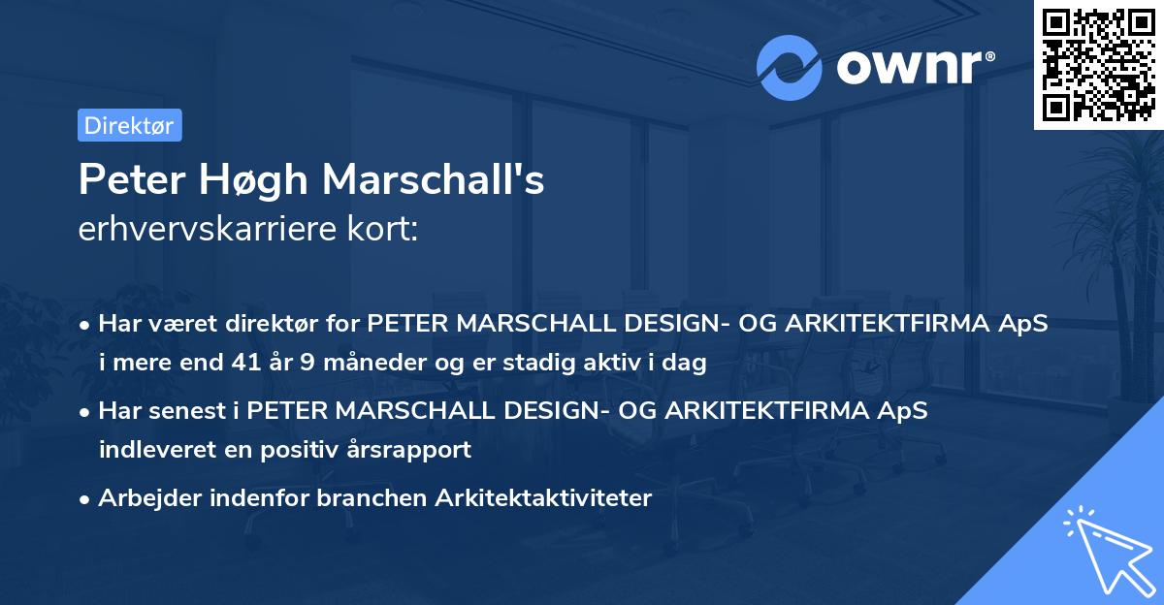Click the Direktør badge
pyautogui.click(x=129, y=125)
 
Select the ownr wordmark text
pyautogui.click(x=914, y=67)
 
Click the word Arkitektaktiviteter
pyautogui.click(x=544, y=498)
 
